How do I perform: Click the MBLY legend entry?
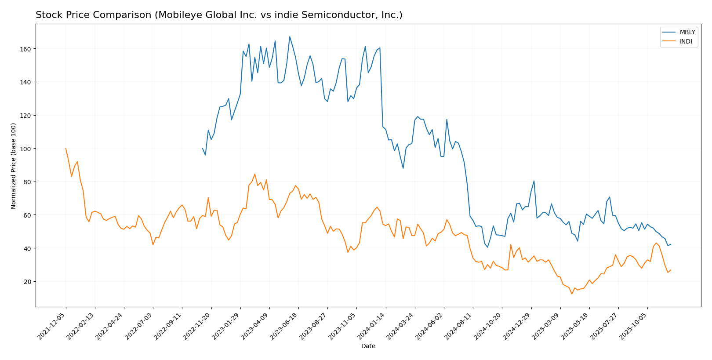click(687, 33)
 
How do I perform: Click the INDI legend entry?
click(686, 42)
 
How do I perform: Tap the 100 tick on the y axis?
click(26, 149)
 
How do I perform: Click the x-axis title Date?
click(368, 346)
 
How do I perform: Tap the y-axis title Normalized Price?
click(14, 166)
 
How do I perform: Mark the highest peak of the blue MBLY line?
click(290, 36)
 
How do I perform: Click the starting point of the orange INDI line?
click(66, 148)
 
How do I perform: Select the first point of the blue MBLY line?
click(202, 148)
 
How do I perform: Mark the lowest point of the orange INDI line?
click(572, 294)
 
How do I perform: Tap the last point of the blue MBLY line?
click(671, 244)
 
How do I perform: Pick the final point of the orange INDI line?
click(671, 270)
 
